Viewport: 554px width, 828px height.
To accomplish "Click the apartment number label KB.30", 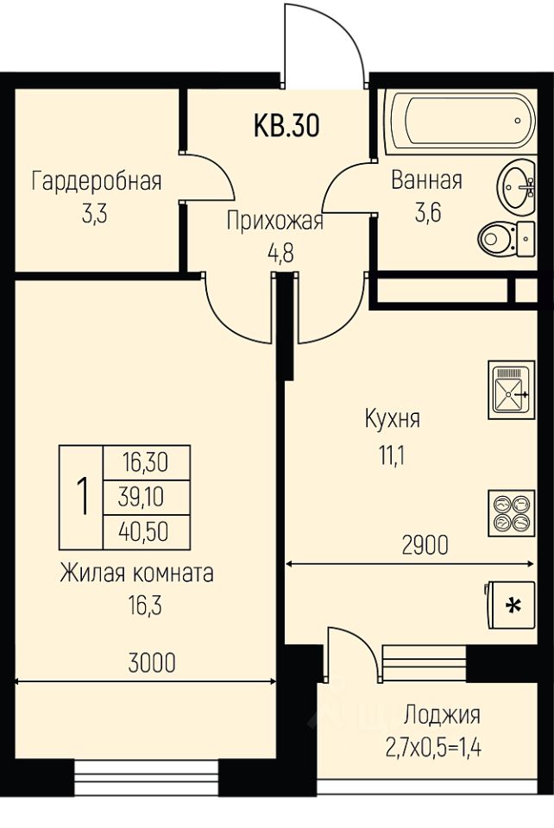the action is pos(286,126).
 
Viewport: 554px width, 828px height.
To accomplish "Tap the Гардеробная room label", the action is pos(97,181).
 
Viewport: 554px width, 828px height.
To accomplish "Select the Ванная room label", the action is pos(426,180).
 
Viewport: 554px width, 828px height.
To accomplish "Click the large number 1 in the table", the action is pos(83,497).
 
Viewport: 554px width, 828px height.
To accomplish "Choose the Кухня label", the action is pos(392,420).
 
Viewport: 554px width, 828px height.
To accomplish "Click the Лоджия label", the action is pos(442,715).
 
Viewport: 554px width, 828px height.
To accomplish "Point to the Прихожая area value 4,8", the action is pos(274,254).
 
